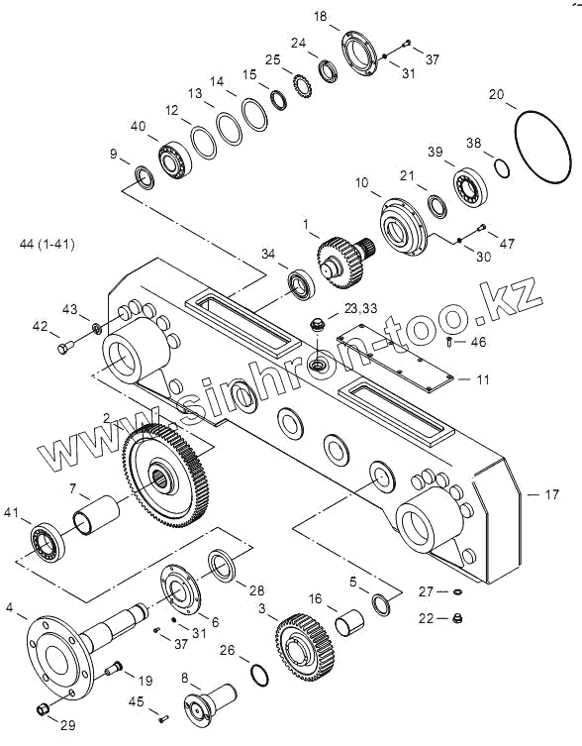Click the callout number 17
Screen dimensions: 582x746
coord(551,494)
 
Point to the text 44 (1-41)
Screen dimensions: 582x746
coord(48,244)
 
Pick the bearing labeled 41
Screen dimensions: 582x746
coord(48,542)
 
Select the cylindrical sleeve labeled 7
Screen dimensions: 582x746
coord(96,515)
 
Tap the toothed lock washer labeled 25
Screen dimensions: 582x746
coord(302,86)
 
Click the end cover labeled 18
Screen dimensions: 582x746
coord(359,53)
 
